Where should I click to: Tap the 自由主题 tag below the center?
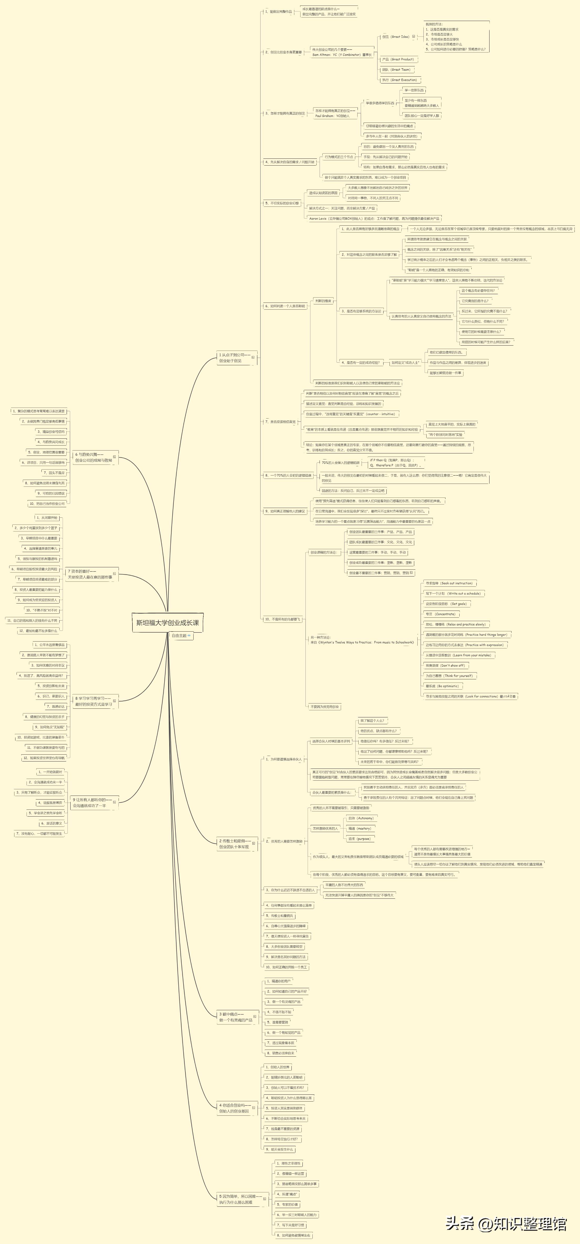pos(181,636)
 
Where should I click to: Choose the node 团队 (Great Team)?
pos(396,70)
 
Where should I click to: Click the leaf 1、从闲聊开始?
pos(47,518)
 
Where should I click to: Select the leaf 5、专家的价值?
pos(287,1204)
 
